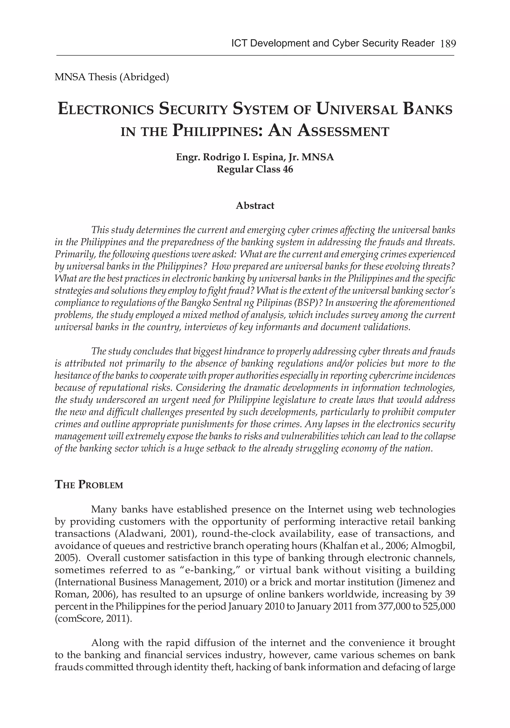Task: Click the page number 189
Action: coord(448,44)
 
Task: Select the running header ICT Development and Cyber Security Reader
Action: coord(333,44)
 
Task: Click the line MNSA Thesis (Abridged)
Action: coord(112,77)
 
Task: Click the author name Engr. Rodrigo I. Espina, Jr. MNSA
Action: coord(255,157)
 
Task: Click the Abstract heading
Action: coord(255,206)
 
